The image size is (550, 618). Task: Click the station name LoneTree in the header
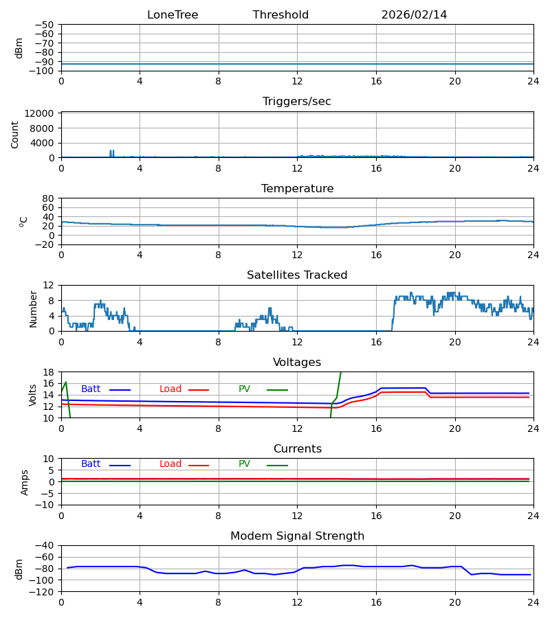pos(173,15)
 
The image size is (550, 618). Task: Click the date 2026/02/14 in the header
pos(414,15)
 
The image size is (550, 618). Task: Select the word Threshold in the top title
pos(280,15)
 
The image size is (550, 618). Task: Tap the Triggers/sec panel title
pos(297,102)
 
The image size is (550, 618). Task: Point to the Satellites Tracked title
pos(297,275)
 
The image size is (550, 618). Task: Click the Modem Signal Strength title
pos(297,536)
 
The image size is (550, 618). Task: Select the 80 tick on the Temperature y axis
pos(49,198)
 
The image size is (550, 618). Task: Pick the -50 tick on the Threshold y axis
pos(45,25)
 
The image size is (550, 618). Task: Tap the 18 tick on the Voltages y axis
pos(49,372)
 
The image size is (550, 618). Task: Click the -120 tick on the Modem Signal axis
pos(43,592)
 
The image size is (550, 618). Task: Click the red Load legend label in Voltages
pos(170,389)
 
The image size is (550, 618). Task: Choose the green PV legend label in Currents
pos(244,464)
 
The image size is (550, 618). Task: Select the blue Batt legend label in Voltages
pos(91,389)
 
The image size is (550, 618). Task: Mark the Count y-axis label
pos(15,135)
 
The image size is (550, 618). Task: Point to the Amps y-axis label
pos(25,482)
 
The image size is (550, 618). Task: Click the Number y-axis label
pos(34,308)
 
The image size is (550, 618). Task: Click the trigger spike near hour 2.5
pos(111,152)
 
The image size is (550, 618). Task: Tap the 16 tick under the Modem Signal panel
pos(376,602)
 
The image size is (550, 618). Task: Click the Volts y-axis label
pos(34,395)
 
